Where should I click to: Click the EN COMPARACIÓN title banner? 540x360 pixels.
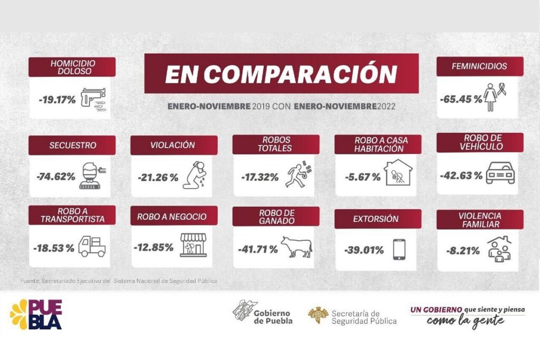281,74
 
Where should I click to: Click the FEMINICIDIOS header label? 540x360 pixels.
479,66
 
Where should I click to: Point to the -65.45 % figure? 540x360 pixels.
460,99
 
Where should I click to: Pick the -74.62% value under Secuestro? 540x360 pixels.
56,177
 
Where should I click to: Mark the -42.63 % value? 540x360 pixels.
460,175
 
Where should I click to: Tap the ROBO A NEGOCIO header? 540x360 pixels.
172,217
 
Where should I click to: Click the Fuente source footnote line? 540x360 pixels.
119,281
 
